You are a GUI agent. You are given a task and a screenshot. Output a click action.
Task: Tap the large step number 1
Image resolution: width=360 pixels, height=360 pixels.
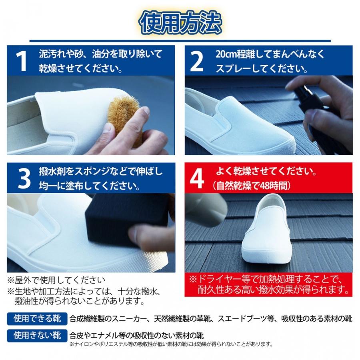tap(21, 61)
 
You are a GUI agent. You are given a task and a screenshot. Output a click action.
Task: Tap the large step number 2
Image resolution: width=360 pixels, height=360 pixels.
tap(197, 61)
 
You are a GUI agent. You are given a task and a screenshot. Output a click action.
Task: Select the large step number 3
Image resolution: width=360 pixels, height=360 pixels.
tap(24, 179)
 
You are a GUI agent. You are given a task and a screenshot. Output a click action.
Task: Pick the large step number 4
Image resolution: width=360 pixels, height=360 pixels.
tap(197, 179)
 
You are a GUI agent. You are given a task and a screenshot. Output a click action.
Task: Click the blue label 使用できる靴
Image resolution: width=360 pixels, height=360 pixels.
tap(37, 319)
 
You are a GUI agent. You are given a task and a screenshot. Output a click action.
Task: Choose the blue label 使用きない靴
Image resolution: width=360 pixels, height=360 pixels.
tap(37, 336)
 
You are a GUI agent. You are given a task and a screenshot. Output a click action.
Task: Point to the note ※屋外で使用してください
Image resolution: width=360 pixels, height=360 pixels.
tap(56, 280)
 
